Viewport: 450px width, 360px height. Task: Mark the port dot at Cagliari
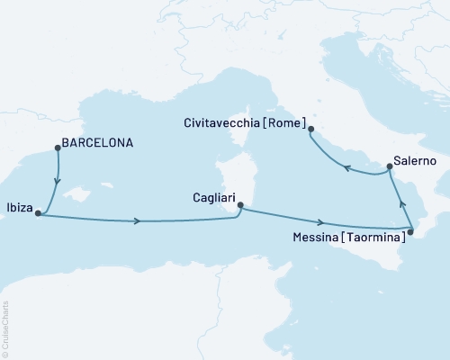coord(239,205)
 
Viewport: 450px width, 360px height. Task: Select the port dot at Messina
coord(410,233)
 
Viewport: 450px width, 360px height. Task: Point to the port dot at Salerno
coord(389,166)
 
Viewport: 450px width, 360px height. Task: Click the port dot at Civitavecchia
coord(310,130)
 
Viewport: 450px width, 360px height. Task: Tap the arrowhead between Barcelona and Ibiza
coord(58,178)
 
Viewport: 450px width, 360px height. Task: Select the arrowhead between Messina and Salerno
coord(400,203)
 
